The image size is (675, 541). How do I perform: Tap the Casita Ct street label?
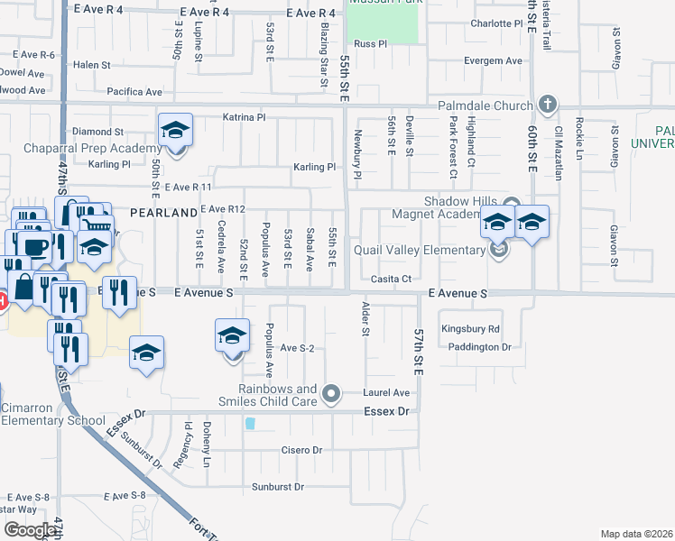[x=393, y=279]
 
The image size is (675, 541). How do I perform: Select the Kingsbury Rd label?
[x=470, y=329]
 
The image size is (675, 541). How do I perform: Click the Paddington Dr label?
[x=478, y=346]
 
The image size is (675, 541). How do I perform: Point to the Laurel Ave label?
[x=386, y=393]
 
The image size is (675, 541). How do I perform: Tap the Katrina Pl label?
[x=245, y=117]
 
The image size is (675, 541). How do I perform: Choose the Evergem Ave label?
[x=493, y=61]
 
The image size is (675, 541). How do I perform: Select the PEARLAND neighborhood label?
[x=163, y=212]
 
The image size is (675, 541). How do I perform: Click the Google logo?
[x=30, y=529]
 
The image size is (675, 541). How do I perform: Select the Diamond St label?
[x=97, y=132]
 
